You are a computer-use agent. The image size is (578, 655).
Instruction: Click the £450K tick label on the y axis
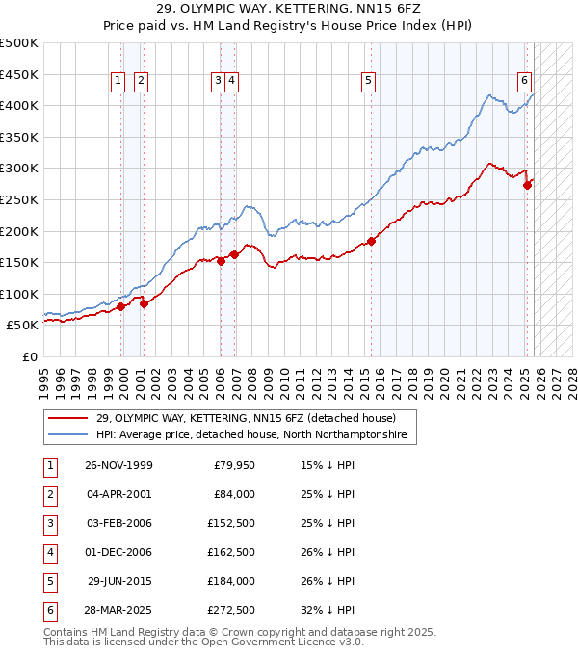(19, 74)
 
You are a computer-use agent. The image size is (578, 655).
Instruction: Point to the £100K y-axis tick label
(19, 294)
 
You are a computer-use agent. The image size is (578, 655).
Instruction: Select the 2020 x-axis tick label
(445, 376)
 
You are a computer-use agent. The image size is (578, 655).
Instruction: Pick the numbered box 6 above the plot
(525, 82)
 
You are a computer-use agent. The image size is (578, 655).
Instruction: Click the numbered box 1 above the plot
(118, 82)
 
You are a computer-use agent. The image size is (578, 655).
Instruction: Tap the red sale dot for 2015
(372, 241)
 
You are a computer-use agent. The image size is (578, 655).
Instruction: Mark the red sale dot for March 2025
(527, 186)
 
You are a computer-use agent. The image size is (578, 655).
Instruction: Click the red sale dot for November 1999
(121, 306)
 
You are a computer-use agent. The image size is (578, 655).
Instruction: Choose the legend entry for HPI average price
(251, 435)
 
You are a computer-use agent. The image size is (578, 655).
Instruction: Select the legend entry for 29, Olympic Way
(246, 418)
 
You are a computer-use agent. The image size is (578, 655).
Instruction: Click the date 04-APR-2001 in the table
(119, 494)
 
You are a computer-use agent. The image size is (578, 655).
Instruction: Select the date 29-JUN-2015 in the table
(119, 581)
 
